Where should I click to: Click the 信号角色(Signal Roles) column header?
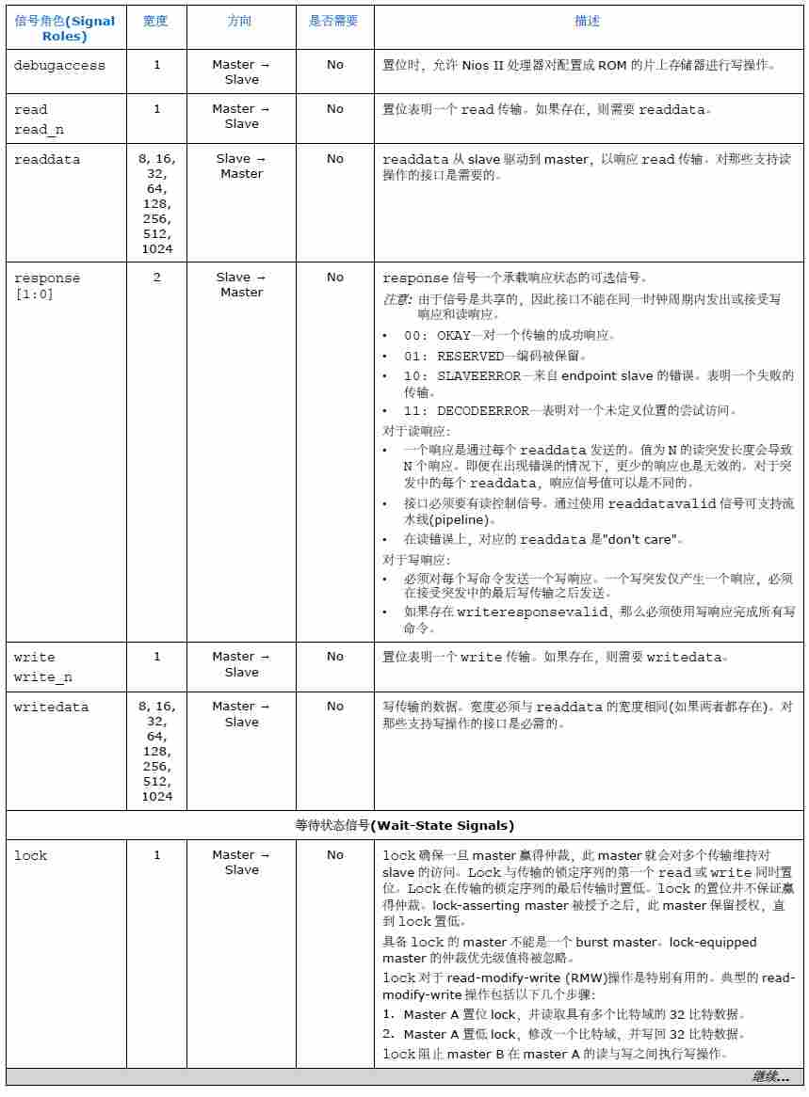click(65, 28)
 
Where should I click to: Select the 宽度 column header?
click(155, 21)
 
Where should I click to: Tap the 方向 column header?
click(240, 21)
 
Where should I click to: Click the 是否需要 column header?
click(334, 21)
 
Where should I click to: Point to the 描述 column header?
click(588, 21)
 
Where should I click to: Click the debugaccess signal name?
click(59, 66)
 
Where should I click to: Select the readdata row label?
click(47, 160)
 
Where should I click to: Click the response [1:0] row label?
click(47, 286)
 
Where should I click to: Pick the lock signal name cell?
click(31, 856)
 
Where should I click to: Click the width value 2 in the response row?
click(156, 278)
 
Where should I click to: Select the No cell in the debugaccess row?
click(335, 65)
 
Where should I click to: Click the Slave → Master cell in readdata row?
click(241, 167)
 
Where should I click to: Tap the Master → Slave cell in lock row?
click(241, 863)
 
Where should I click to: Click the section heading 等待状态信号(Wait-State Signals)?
click(405, 826)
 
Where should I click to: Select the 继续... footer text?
click(770, 1076)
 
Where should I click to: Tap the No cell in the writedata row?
click(335, 707)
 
